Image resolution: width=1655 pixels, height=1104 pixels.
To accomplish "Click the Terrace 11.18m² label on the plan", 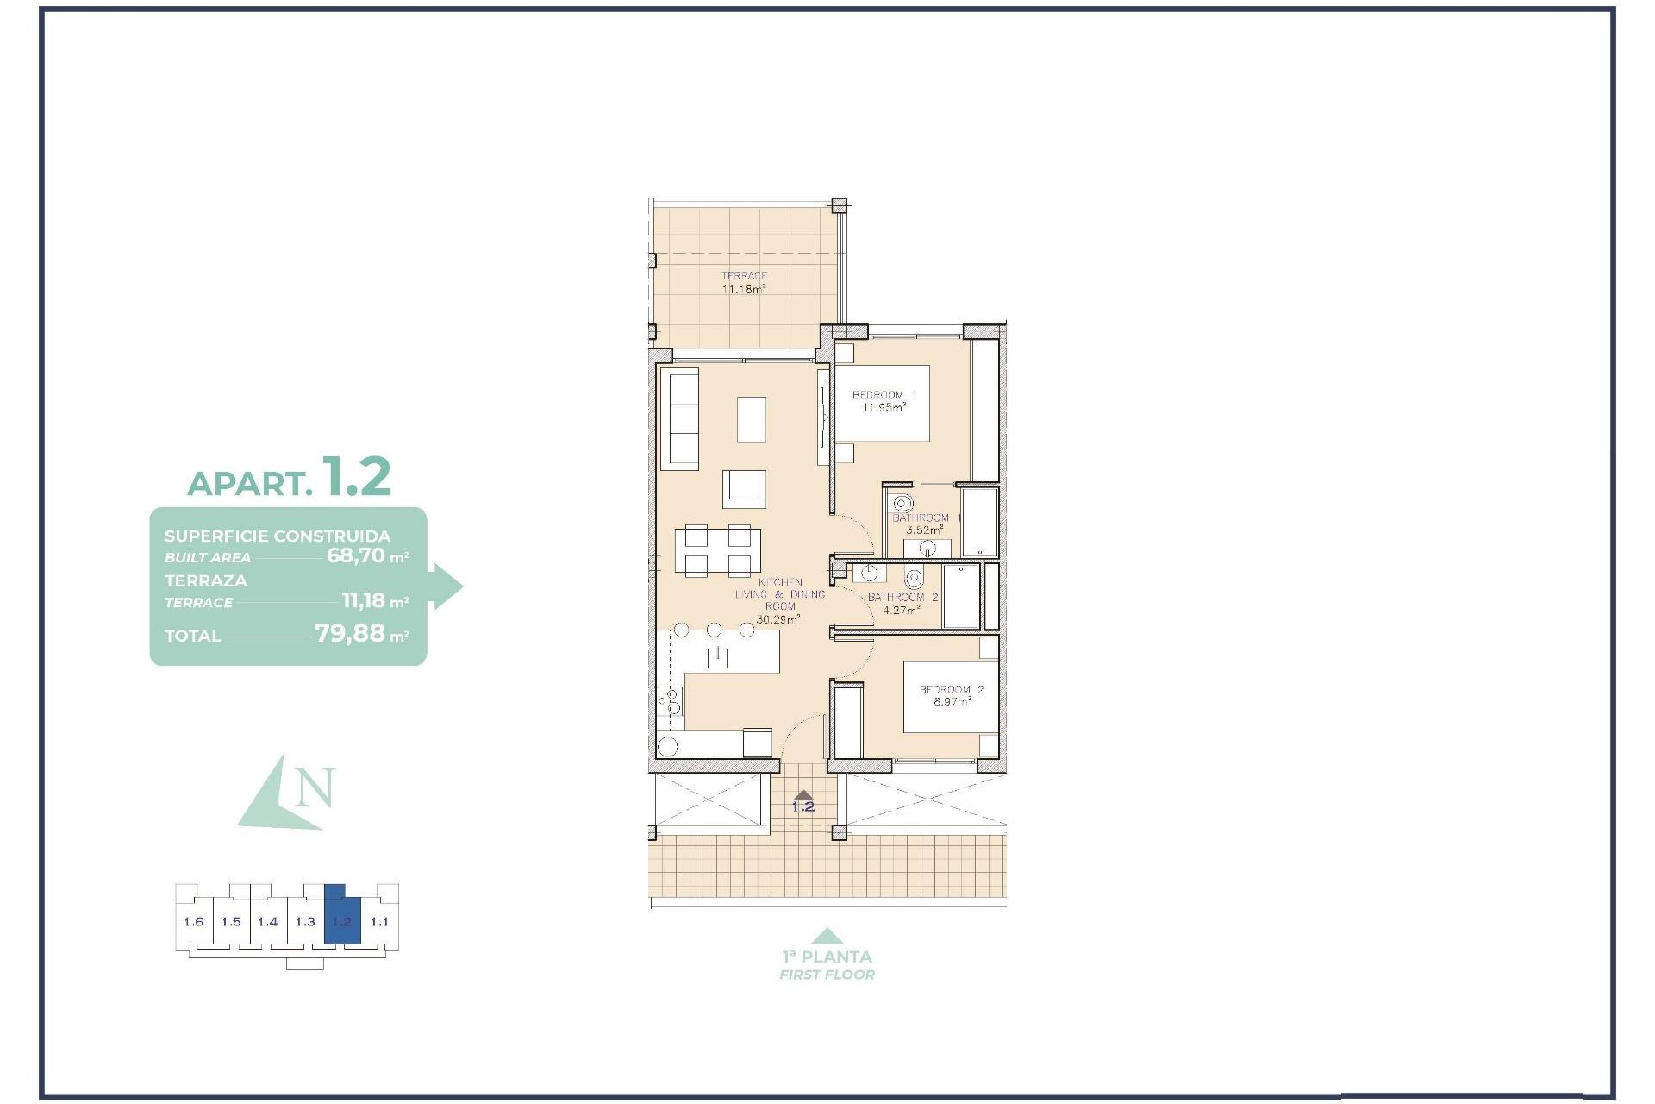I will (744, 283).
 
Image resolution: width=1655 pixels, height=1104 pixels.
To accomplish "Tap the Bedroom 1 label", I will (884, 401).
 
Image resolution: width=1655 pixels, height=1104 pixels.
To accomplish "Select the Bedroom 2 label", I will (951, 695).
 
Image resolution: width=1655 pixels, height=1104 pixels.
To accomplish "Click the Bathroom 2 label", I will (902, 603).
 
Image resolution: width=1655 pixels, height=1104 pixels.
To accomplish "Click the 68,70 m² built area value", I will (366, 556).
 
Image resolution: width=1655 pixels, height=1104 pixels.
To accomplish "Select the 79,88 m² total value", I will (360, 634).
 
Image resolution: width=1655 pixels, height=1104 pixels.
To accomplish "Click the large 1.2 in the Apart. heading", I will (356, 476).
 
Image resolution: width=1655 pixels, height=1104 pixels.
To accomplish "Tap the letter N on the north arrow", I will (315, 787).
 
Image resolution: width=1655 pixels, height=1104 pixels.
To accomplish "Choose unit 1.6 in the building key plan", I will (194, 922).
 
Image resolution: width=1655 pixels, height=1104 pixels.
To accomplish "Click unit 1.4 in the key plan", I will (268, 922).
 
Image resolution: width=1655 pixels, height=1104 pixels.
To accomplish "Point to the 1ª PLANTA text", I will (827, 957).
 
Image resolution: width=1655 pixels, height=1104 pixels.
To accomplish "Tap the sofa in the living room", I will (680, 419).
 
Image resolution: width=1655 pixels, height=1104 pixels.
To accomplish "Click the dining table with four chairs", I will (717, 551).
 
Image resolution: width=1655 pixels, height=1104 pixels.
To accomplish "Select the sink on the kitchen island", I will (717, 658).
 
